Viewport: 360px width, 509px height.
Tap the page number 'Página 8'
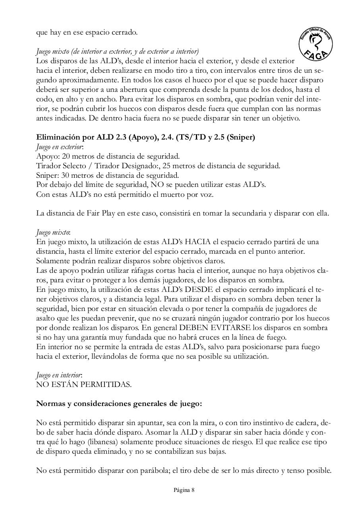tap(184, 490)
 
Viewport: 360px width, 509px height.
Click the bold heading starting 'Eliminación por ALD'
tap(145, 138)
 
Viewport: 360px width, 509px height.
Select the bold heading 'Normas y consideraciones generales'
tap(119, 404)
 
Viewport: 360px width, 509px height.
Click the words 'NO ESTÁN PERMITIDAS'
tap(83, 385)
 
